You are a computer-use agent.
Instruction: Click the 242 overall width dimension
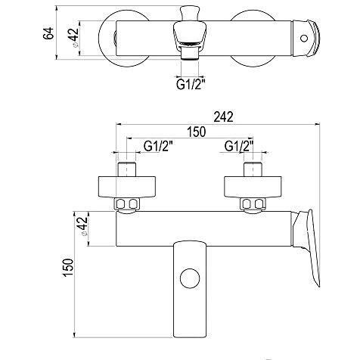(224, 116)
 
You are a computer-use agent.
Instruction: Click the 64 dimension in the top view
(48, 33)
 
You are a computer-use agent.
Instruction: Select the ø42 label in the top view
(74, 37)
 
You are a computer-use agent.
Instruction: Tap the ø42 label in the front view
(83, 226)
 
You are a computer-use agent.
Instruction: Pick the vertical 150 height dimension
(68, 268)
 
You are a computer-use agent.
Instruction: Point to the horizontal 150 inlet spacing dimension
(197, 132)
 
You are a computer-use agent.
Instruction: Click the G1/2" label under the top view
(190, 85)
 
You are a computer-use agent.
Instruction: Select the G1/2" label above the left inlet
(159, 146)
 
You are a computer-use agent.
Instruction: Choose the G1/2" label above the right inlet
(239, 146)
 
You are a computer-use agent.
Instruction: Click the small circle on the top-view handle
(304, 39)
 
